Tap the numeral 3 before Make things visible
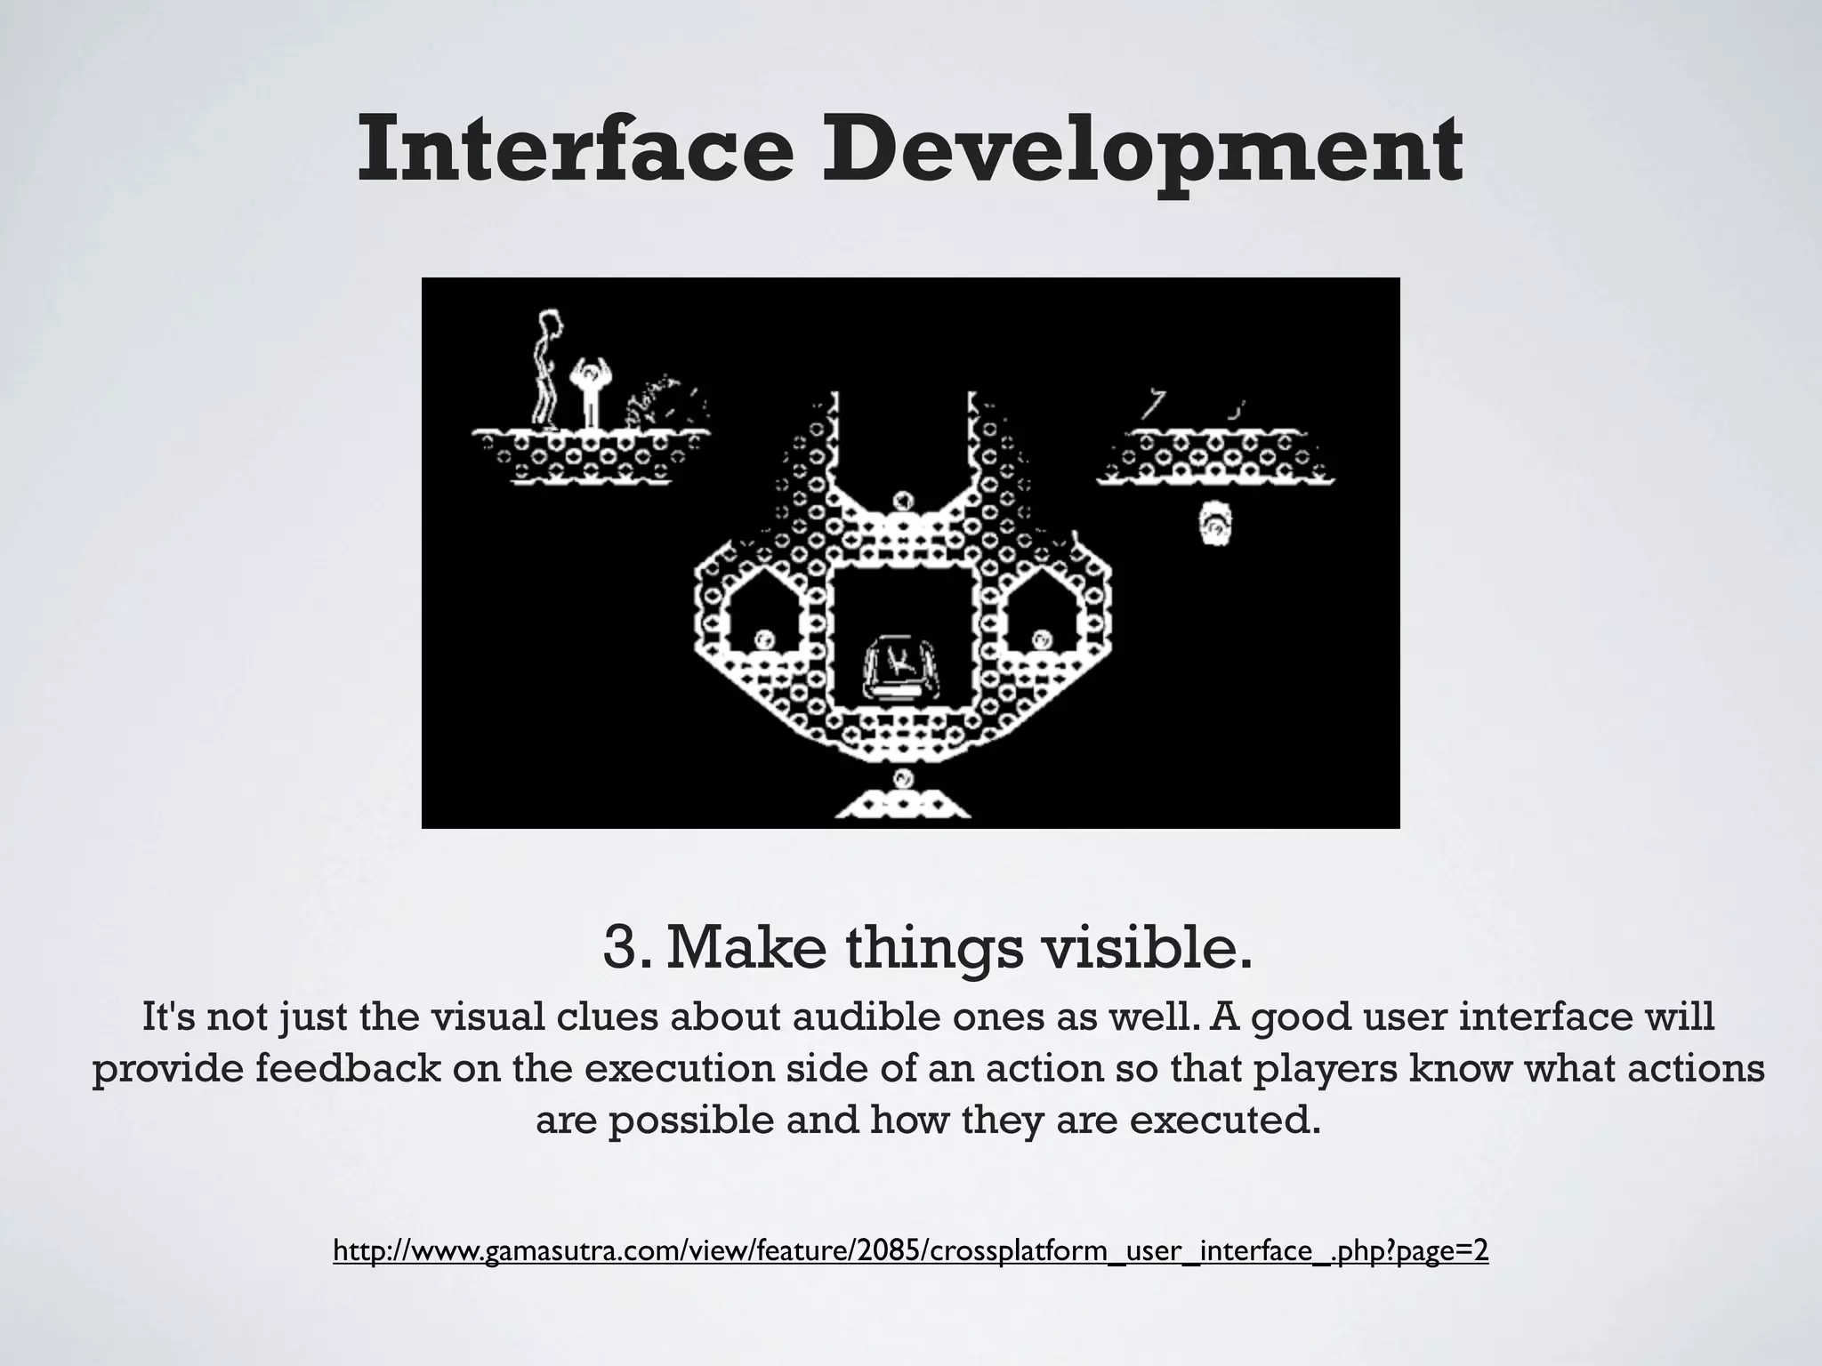(x=620, y=948)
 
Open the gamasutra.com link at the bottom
(x=910, y=1251)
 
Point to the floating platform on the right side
(x=1215, y=460)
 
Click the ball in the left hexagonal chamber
(x=763, y=639)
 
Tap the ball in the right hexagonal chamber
(x=1041, y=639)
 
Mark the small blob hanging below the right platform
(x=1213, y=523)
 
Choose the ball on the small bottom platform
(x=904, y=779)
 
